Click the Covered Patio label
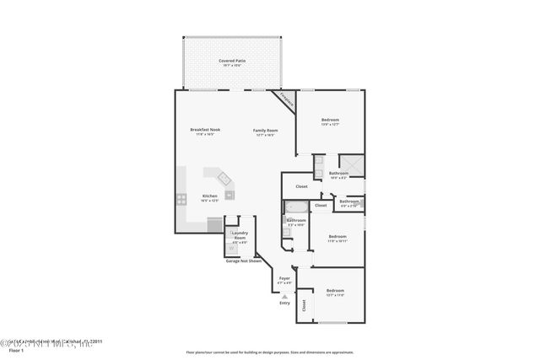point(231,62)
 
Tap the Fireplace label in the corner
point(286,100)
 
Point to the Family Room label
point(266,131)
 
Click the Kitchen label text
point(209,196)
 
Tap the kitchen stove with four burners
point(181,200)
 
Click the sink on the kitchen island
point(225,179)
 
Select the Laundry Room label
point(240,239)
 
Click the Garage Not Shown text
point(243,261)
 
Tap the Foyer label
point(284,278)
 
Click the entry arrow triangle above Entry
point(284,297)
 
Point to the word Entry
point(284,304)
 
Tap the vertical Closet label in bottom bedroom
point(305,306)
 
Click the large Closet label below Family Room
point(301,186)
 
